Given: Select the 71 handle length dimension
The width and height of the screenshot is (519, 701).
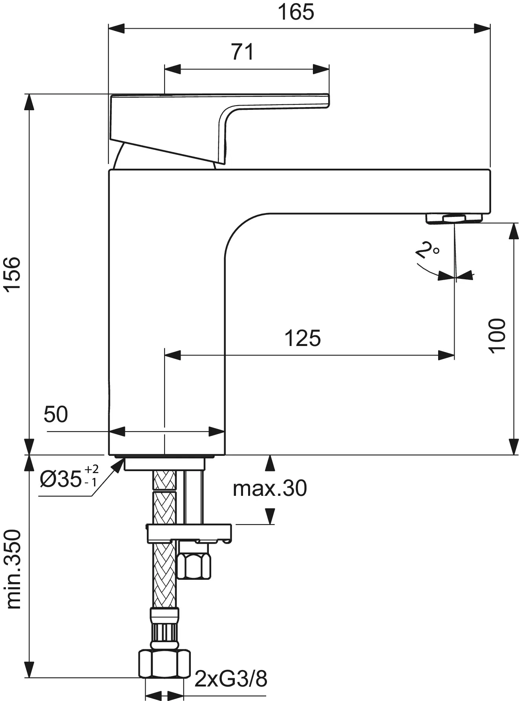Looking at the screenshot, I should (243, 52).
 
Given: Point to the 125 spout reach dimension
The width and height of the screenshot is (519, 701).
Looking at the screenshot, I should (302, 338).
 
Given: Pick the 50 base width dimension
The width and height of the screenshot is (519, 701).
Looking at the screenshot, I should (56, 414).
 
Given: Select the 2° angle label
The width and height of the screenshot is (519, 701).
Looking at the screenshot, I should (427, 250).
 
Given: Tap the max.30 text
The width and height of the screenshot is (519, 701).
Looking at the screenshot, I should (270, 488).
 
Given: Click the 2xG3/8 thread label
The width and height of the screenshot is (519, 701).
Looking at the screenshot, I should (231, 678).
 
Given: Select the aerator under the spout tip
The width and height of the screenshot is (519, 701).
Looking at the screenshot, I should (454, 218).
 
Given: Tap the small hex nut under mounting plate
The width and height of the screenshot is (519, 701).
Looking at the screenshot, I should (194, 564).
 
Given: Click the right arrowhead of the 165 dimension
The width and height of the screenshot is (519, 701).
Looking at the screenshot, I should (483, 28).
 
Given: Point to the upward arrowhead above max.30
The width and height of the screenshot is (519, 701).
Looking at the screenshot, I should (270, 463).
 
